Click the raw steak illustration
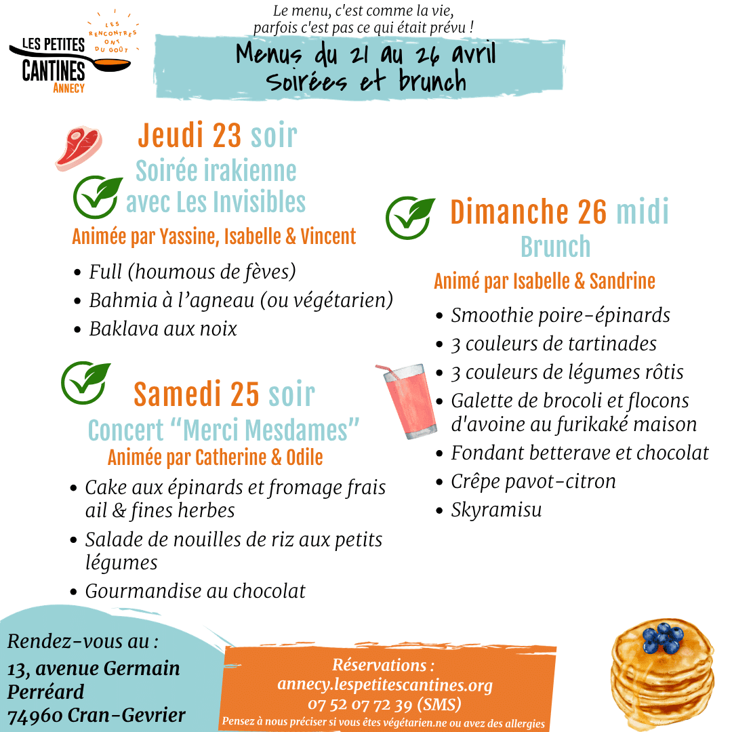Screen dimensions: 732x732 [78, 148]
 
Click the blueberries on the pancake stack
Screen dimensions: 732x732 [661, 637]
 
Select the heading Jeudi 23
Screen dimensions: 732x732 [189, 136]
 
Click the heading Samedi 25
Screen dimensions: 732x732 [197, 394]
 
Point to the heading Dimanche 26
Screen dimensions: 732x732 [529, 212]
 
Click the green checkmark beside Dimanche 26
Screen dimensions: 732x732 [410, 218]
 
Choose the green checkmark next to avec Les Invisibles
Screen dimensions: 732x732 [98, 197]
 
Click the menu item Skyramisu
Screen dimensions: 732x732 [496, 510]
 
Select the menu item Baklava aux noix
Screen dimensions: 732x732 [163, 329]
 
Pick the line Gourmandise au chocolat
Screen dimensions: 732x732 [195, 591]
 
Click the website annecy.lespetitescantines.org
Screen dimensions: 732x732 [384, 685]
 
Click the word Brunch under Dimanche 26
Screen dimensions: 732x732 [555, 247]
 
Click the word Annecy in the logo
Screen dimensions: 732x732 [68, 88]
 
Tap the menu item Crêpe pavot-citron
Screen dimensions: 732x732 [533, 481]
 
